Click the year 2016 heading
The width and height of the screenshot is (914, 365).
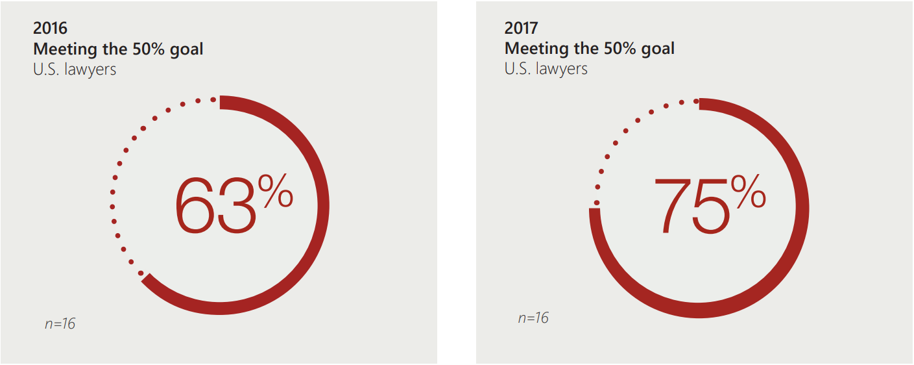pos(50,28)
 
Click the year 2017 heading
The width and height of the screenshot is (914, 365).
pos(522,28)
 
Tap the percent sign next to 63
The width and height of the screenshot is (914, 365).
pos(276,191)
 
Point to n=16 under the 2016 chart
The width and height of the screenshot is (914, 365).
pos(60,323)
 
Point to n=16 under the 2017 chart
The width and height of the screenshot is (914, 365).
pos(533,318)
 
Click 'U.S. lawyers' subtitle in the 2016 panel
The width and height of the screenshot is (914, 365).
pos(75,69)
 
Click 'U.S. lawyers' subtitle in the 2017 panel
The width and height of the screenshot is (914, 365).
pos(546,69)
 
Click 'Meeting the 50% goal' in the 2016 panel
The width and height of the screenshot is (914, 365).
pos(118,49)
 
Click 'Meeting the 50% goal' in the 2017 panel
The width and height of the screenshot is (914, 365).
pos(590,49)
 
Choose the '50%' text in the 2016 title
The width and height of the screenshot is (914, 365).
pos(141,49)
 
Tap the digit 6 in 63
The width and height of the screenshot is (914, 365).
pos(195,207)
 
